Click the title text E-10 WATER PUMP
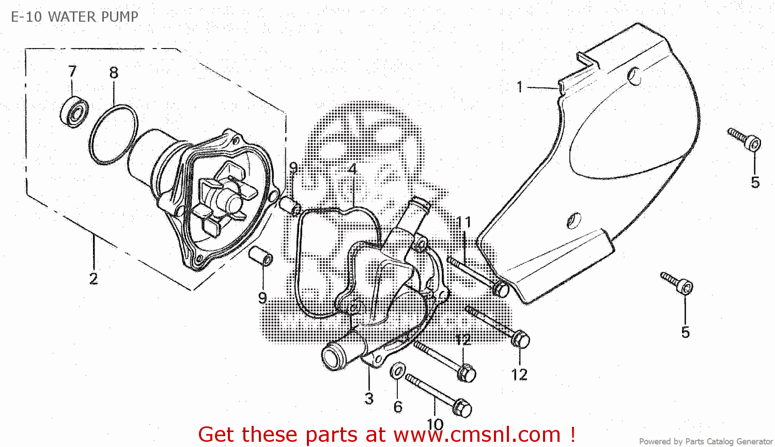(x=75, y=17)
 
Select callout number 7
(x=72, y=71)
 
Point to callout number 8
(x=114, y=73)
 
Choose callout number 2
(x=94, y=279)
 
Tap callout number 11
(x=464, y=223)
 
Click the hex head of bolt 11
(x=501, y=288)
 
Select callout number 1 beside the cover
(x=520, y=87)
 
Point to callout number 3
(x=369, y=398)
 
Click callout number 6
(x=398, y=407)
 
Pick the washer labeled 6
(x=397, y=371)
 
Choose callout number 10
(x=435, y=424)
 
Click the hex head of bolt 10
(x=462, y=409)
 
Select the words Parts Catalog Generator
(x=729, y=441)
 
